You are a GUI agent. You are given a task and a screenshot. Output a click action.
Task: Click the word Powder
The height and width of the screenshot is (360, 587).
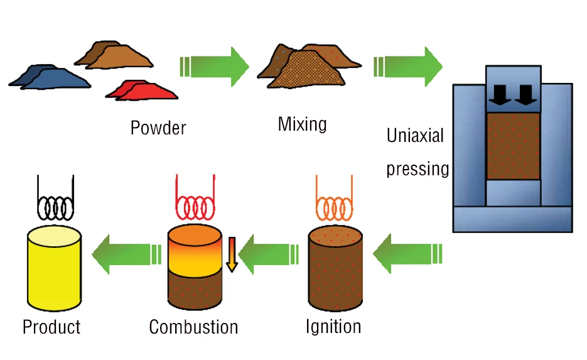point(158,128)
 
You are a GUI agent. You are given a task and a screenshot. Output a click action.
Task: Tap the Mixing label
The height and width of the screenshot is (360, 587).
point(302,124)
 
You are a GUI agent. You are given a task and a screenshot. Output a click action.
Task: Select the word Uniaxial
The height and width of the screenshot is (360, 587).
point(415,136)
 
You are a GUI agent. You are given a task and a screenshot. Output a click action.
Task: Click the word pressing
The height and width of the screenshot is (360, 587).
point(417,169)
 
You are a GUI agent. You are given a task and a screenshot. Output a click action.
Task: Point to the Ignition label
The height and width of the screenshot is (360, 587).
point(333,327)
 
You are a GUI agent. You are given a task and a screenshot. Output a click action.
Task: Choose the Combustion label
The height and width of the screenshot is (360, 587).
point(193,327)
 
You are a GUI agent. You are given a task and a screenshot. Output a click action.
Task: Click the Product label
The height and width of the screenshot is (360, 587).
point(51,327)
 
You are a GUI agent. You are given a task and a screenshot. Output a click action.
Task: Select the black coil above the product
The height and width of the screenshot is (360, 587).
point(55,202)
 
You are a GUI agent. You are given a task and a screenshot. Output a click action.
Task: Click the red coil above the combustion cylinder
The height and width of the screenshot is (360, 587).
point(194,202)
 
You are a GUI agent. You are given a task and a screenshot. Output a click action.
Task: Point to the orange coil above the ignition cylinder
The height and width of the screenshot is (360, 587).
point(334,202)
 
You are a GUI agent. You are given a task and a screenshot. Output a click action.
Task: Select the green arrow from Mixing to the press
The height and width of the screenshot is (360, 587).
point(409,66)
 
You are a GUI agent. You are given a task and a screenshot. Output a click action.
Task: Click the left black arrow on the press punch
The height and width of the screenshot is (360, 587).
point(501,94)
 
